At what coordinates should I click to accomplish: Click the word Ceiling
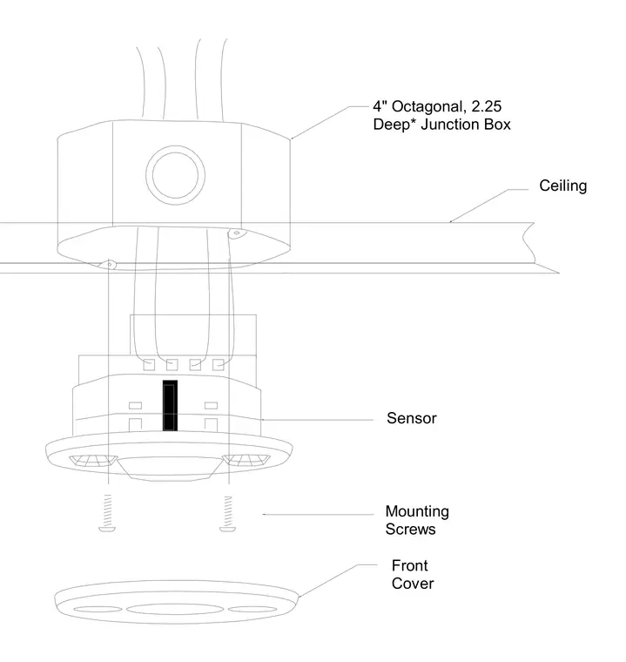[562, 186]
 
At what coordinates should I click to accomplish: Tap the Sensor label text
[412, 418]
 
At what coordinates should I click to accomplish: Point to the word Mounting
[417, 511]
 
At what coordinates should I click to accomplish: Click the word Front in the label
[409, 565]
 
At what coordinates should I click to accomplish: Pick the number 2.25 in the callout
[487, 106]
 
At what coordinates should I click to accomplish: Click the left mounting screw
[107, 513]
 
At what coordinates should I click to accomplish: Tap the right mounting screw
[228, 514]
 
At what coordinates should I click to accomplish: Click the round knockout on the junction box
[175, 175]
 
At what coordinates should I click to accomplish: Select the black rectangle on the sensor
[170, 405]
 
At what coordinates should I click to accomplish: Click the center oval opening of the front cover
[175, 609]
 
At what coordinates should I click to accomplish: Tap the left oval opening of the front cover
[98, 609]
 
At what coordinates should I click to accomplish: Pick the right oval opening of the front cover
[252, 609]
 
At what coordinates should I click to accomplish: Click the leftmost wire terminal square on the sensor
[149, 365]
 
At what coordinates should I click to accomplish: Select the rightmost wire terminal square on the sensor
[219, 365]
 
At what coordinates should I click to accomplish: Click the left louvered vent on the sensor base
[93, 460]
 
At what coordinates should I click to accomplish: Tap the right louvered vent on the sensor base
[246, 459]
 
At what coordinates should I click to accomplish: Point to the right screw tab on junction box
[237, 233]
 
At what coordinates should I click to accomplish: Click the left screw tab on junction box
[108, 265]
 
